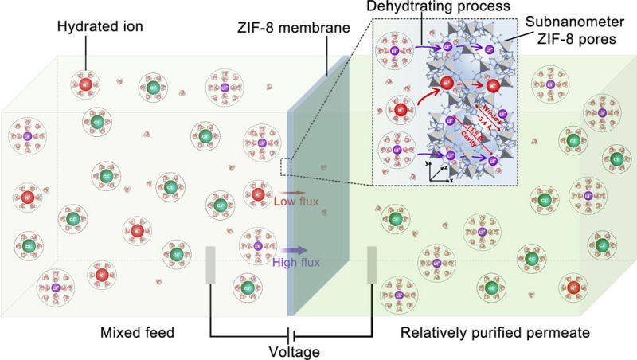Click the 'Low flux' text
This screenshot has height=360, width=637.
point(296,202)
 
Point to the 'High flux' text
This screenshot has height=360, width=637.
point(296,261)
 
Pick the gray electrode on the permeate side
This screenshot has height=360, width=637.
point(371,265)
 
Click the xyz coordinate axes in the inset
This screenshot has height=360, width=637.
point(436,170)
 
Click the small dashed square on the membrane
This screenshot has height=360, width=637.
point(287,165)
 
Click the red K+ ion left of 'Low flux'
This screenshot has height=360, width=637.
point(256,194)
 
